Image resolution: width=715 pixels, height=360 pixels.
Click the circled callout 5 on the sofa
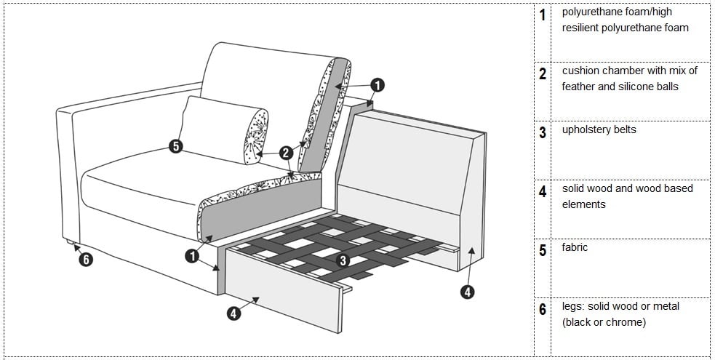click(x=175, y=147)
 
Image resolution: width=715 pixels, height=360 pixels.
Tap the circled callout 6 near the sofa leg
click(x=86, y=260)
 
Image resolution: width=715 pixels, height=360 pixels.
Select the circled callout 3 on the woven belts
click(x=343, y=260)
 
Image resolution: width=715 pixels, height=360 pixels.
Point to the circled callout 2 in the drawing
click(x=286, y=153)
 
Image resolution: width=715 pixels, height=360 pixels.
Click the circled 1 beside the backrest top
click(x=377, y=85)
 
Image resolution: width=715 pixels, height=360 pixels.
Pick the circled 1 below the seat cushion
click(x=192, y=256)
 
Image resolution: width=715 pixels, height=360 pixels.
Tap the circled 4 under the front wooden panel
click(x=233, y=313)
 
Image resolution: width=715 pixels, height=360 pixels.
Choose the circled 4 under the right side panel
click(x=467, y=291)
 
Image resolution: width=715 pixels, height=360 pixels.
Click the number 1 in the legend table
click(x=542, y=15)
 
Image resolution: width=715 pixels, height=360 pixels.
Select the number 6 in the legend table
click(x=542, y=310)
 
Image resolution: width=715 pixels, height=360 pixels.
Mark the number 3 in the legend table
click(x=542, y=132)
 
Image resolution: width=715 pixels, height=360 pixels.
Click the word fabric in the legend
click(x=575, y=247)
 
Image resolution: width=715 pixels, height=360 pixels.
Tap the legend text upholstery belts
click(x=599, y=130)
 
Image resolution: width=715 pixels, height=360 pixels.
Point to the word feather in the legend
click(x=578, y=87)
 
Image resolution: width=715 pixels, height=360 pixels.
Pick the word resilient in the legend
click(x=580, y=28)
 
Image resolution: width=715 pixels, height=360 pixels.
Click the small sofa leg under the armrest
click(x=70, y=241)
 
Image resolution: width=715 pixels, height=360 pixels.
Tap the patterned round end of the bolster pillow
click(x=255, y=136)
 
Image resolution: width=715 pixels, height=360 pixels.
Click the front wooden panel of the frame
click(x=283, y=287)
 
